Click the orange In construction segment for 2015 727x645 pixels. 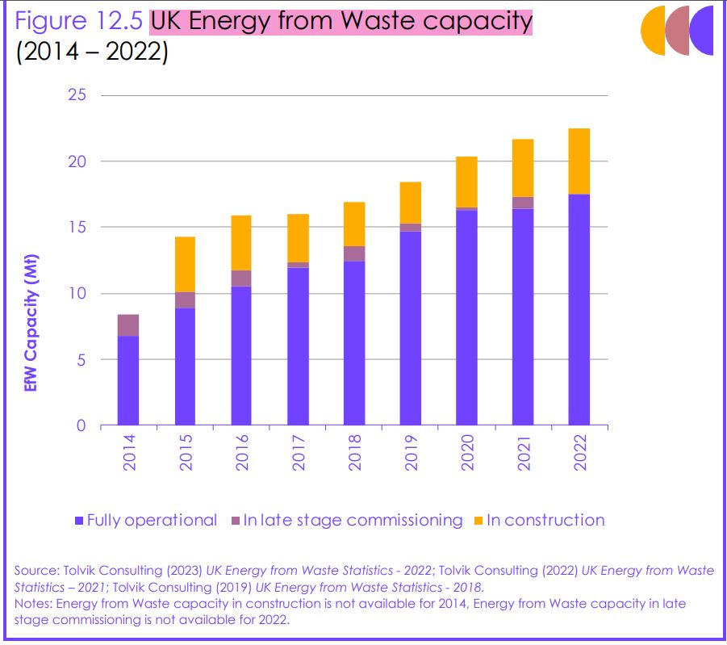(x=185, y=264)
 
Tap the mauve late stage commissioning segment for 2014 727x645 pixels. (x=128, y=325)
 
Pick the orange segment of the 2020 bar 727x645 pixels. (x=466, y=182)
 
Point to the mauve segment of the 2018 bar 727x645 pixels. (x=353, y=253)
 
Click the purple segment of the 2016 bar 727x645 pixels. (x=241, y=355)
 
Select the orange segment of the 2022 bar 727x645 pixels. (x=579, y=161)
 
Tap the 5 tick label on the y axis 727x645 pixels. (x=81, y=359)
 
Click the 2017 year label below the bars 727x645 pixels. (x=299, y=452)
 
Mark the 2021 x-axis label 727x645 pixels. (x=524, y=452)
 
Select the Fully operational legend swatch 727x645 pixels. (x=78, y=521)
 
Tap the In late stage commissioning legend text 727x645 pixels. (x=353, y=520)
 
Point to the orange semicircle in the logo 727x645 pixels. (x=652, y=31)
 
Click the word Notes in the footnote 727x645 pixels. (x=32, y=604)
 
